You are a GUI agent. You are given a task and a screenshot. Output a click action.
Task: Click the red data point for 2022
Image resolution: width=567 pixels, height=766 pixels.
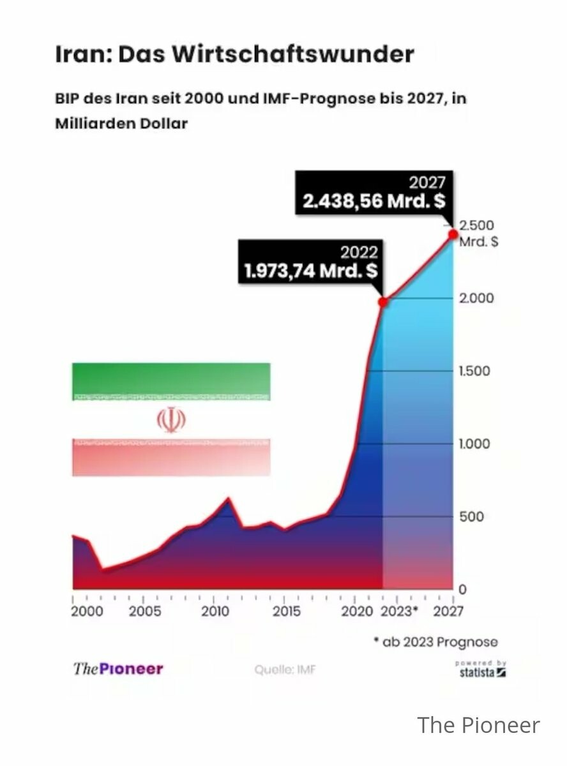click(x=383, y=302)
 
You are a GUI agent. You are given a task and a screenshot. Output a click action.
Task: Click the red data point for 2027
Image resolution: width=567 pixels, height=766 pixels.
click(x=453, y=234)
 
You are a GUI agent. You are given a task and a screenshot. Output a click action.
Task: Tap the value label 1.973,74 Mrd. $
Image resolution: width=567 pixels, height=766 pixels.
click(x=311, y=271)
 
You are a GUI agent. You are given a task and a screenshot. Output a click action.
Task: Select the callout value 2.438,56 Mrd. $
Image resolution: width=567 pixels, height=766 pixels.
click(x=374, y=201)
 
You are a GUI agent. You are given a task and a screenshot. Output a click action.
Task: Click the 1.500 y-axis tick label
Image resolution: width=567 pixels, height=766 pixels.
click(x=474, y=371)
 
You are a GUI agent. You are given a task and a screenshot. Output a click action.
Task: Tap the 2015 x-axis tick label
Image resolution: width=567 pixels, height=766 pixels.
click(x=286, y=611)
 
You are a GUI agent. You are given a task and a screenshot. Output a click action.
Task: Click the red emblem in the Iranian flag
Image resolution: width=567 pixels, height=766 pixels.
click(x=170, y=419)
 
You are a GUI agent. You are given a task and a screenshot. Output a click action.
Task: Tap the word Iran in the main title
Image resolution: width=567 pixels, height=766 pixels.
click(x=80, y=54)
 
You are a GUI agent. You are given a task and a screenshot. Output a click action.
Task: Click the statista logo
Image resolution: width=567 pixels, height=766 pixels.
click(x=481, y=670)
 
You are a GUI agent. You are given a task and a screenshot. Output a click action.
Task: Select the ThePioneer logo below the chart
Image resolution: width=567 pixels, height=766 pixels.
click(x=118, y=669)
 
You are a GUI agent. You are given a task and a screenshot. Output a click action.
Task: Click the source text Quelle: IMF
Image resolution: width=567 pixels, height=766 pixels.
click(x=285, y=670)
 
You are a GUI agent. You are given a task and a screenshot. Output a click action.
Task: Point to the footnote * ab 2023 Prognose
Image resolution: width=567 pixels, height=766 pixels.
click(x=435, y=642)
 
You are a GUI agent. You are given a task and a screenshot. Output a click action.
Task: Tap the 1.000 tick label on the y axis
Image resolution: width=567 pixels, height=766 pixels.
click(x=474, y=444)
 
